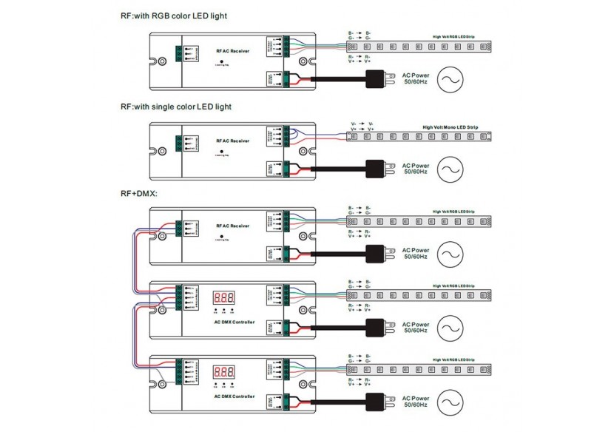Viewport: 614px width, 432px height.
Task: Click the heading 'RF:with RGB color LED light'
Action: point(174,16)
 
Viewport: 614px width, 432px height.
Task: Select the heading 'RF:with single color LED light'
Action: point(176,107)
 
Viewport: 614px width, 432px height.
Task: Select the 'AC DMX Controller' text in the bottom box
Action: point(235,396)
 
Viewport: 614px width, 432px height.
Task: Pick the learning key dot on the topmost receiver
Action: point(222,60)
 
